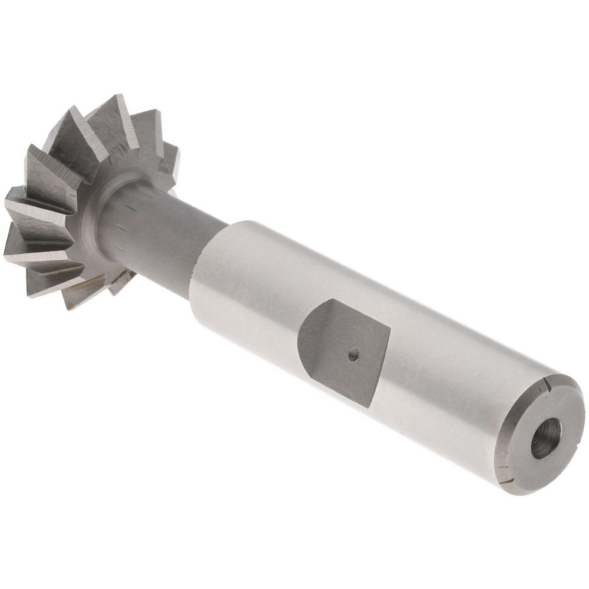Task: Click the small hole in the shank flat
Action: [x=353, y=355]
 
